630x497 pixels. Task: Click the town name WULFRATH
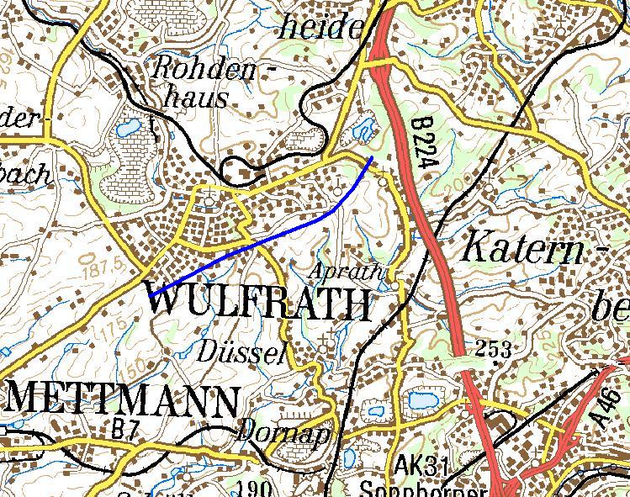260,304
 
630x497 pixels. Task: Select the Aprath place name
347,272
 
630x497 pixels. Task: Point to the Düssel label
242,351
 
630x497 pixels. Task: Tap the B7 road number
124,429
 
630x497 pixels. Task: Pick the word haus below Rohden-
195,97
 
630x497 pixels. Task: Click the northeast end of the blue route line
371,157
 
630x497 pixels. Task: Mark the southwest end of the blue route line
150,295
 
